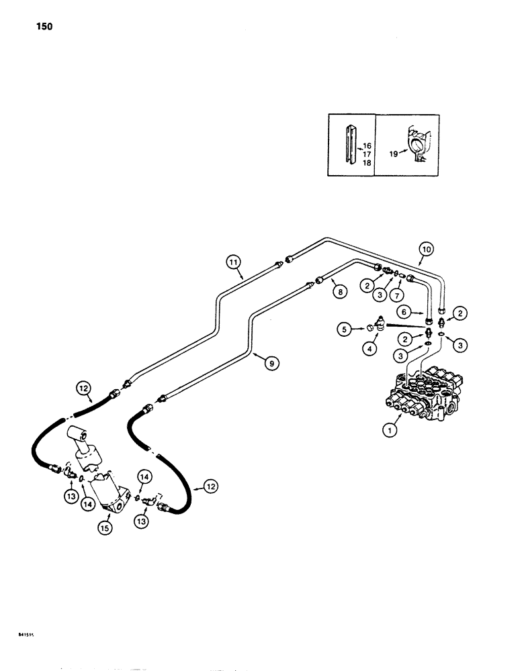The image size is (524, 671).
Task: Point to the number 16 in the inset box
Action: pos(367,146)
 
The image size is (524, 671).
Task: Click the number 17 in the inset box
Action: pos(367,154)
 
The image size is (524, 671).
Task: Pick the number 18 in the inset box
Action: pos(367,162)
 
